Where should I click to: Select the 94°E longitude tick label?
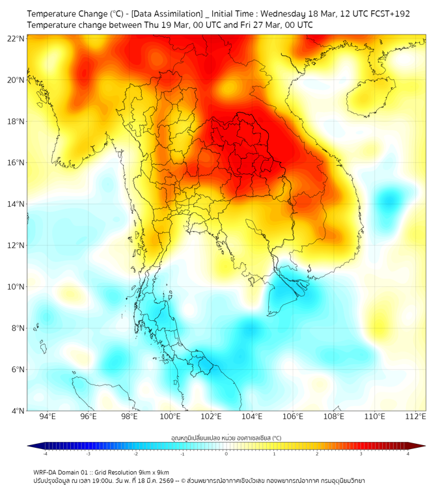coord(48,417)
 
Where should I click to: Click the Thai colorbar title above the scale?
coord(226,437)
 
